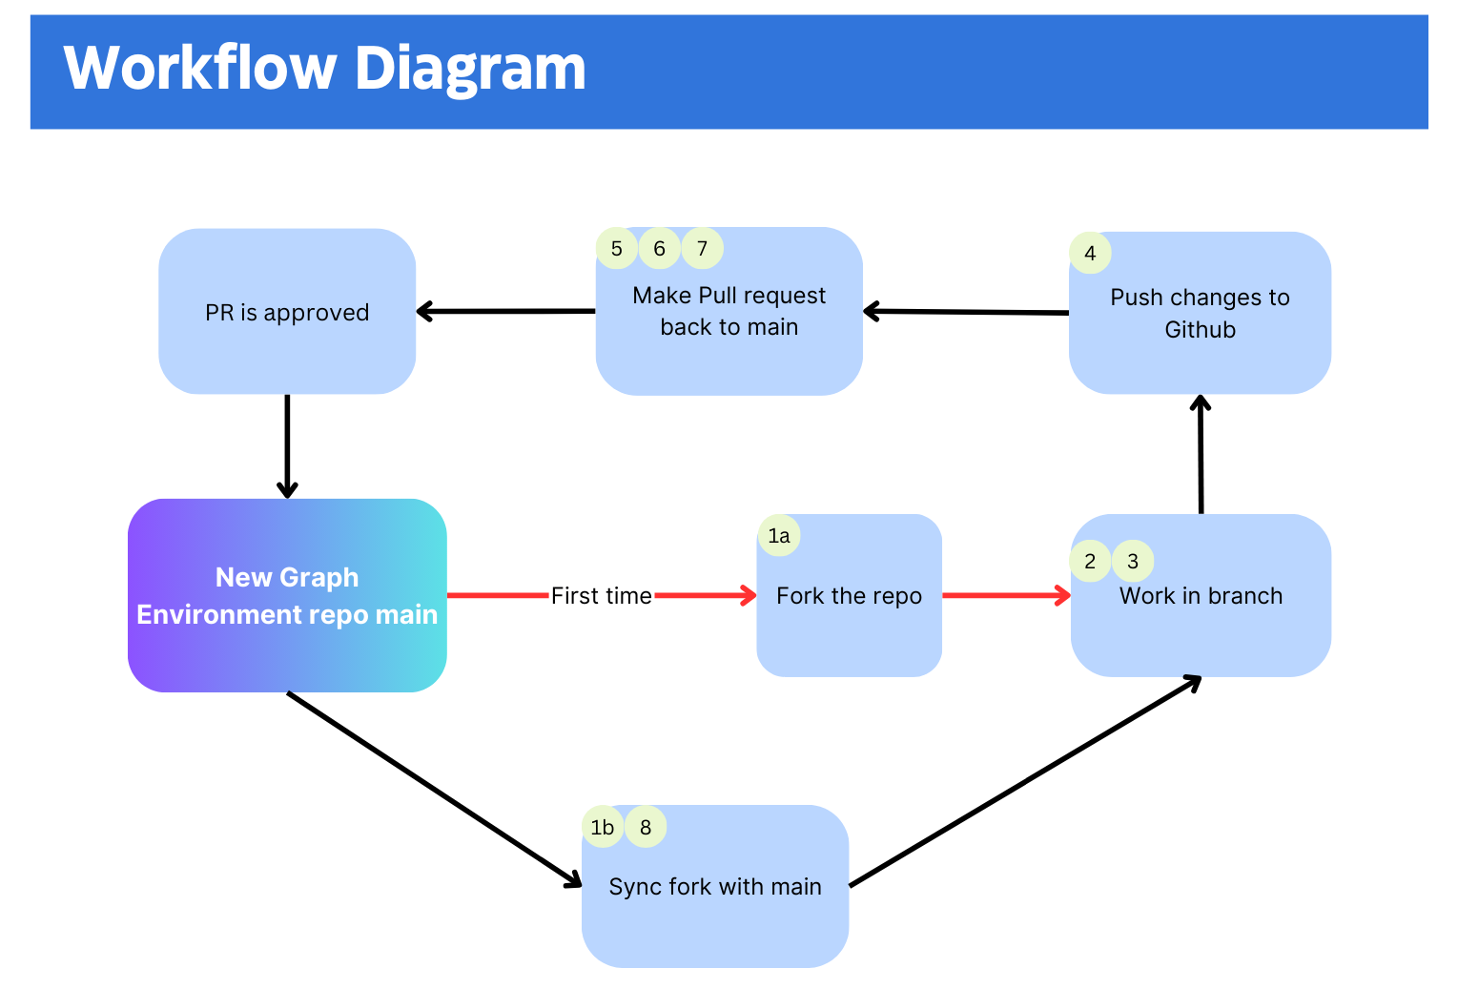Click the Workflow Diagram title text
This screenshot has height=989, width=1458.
click(324, 69)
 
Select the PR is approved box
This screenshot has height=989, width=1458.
click(287, 311)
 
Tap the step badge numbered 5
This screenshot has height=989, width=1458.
click(616, 248)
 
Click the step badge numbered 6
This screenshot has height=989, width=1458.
click(659, 248)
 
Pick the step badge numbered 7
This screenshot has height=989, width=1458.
click(703, 248)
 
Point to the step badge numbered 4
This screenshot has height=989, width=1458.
click(1090, 253)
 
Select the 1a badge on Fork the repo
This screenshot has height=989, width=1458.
click(779, 535)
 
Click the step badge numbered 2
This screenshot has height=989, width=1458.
click(1090, 561)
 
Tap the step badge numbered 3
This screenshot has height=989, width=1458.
click(1133, 561)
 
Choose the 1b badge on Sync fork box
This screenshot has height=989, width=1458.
click(603, 827)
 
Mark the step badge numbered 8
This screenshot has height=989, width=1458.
click(646, 827)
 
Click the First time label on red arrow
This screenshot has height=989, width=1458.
click(602, 596)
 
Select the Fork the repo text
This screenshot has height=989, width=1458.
click(850, 596)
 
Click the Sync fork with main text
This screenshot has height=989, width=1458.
click(715, 887)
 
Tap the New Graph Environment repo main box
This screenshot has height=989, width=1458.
click(287, 596)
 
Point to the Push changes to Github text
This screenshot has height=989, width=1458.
click(1201, 313)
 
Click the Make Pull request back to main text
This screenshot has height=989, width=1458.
click(729, 311)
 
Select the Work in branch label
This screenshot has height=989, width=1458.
click(1201, 596)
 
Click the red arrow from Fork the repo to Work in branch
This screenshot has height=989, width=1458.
click(1006, 595)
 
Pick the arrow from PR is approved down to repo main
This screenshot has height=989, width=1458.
click(287, 446)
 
